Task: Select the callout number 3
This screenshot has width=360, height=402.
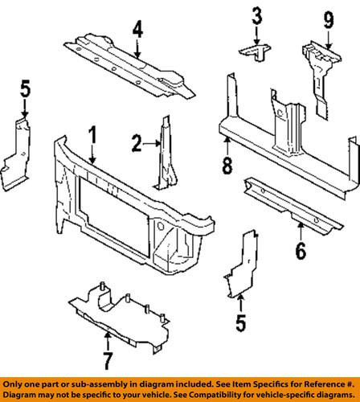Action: coord(256,15)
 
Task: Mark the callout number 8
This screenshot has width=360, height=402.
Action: coord(227,167)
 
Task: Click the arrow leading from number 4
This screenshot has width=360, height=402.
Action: coord(137,49)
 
